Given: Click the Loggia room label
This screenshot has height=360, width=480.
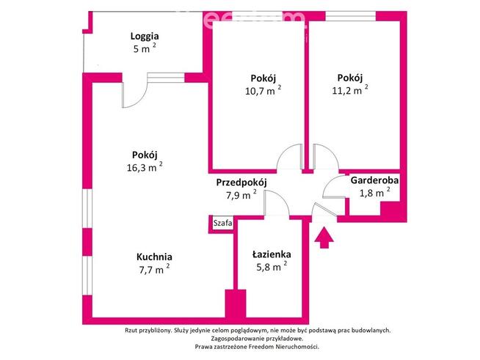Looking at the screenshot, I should tap(145, 36).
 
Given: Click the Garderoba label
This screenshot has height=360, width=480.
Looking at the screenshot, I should tap(374, 180).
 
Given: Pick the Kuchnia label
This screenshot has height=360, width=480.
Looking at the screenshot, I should tap(154, 257).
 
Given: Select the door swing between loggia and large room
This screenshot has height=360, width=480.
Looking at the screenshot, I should tap(134, 90).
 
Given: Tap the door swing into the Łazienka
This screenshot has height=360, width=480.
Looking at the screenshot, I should tap(275, 204).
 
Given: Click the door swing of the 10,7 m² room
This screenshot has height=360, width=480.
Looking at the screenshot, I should tap(290, 155).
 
